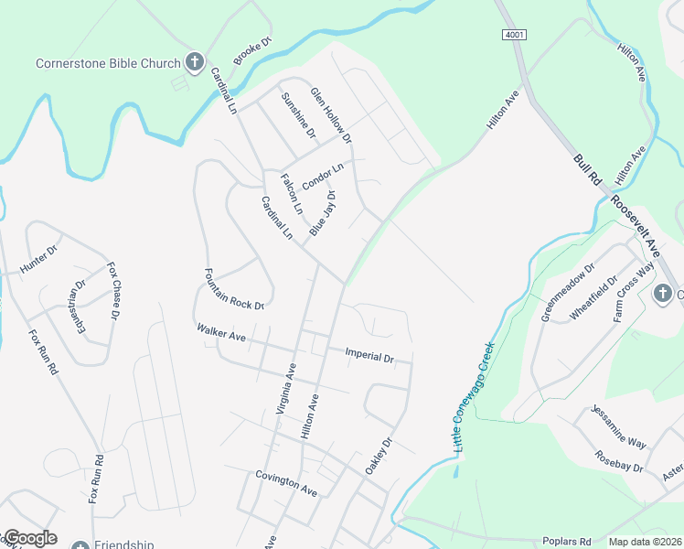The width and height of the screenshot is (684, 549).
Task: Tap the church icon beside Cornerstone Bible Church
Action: pos(194,62)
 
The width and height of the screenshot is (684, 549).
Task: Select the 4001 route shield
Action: pos(514,34)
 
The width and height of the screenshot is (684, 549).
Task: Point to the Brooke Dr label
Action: pos(253,52)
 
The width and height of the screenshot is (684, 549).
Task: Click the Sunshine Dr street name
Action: pos(298,116)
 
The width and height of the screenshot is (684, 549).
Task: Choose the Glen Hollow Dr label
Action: pos(331,116)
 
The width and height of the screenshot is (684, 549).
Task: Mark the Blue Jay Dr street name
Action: pos(323,214)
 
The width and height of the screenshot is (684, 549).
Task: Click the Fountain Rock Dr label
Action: pos(234,289)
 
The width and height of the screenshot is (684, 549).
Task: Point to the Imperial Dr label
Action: pos(369,354)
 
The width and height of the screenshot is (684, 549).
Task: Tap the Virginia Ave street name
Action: pos(287,389)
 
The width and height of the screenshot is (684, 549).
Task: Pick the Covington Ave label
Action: pos(286,484)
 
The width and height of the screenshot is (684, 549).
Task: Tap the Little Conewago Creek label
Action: pos(474,396)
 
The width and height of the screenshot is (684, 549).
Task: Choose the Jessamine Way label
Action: pos(619,426)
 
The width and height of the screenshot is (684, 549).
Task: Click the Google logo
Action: pos(30,538)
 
